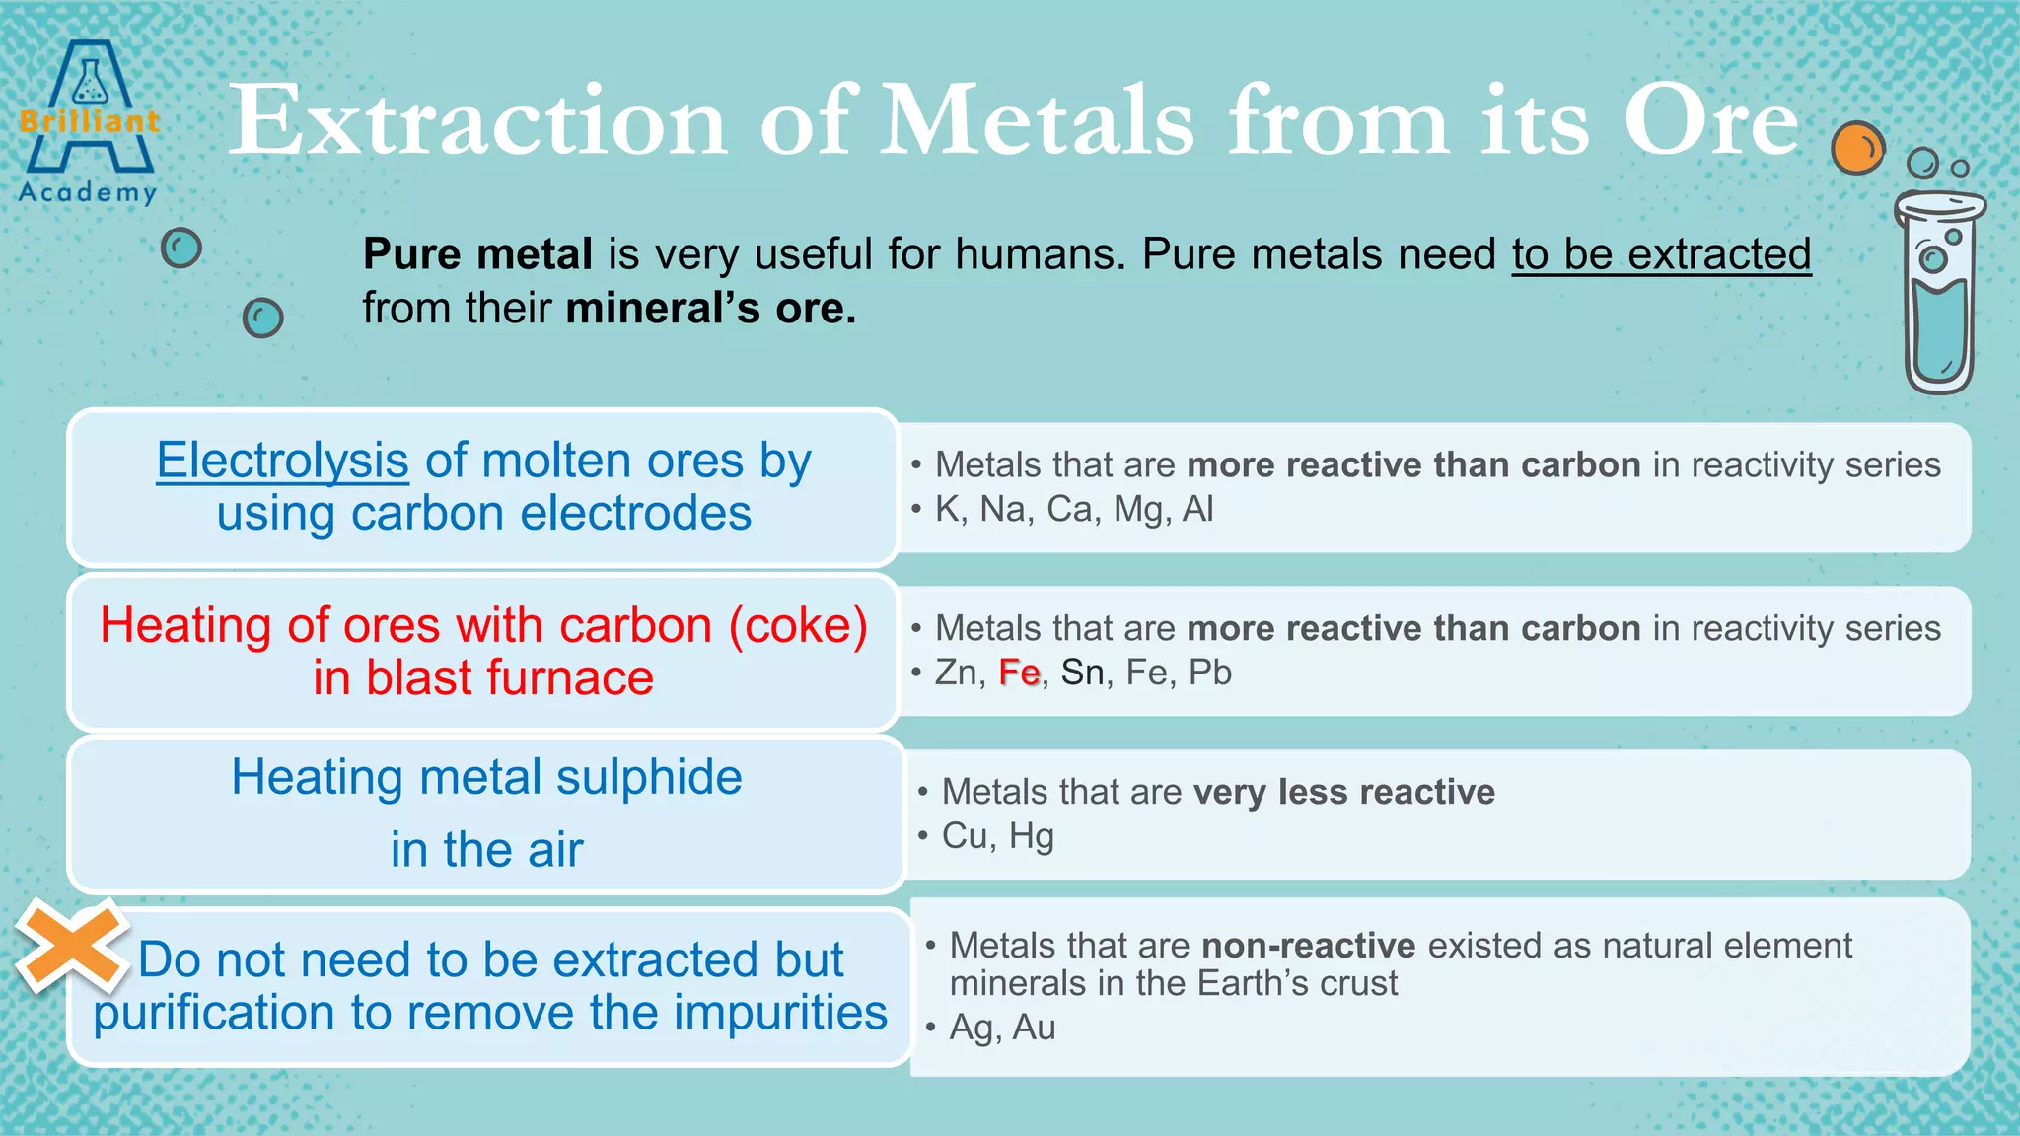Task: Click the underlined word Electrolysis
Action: click(282, 461)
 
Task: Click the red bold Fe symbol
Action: click(1019, 673)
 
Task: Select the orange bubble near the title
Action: click(1857, 148)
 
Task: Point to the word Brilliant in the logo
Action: click(89, 122)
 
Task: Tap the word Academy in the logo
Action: click(88, 191)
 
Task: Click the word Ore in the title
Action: click(1711, 121)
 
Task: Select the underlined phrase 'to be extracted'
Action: click(1661, 254)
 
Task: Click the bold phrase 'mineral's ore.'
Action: click(710, 309)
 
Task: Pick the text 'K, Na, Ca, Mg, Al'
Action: click(1074, 509)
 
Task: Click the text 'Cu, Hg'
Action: click(997, 836)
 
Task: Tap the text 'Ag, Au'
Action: click(1002, 1028)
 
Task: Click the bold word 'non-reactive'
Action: click(1308, 946)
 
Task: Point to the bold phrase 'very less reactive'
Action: click(1343, 792)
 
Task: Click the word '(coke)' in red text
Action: click(798, 625)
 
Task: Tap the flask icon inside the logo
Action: click(90, 82)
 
